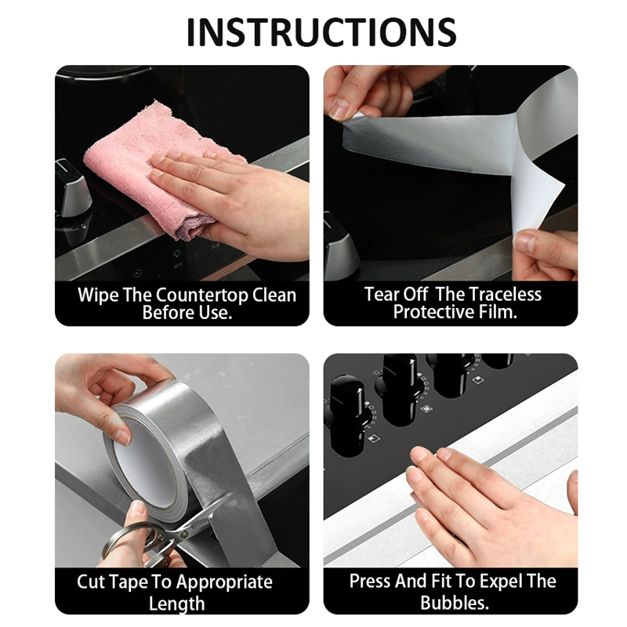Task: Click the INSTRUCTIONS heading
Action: click(x=321, y=32)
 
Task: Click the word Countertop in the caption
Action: click(x=202, y=295)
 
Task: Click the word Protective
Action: click(x=433, y=312)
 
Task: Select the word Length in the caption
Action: click(x=176, y=603)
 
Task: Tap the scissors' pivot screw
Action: click(x=183, y=535)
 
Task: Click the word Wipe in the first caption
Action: click(x=98, y=295)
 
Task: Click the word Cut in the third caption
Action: click(x=90, y=582)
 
